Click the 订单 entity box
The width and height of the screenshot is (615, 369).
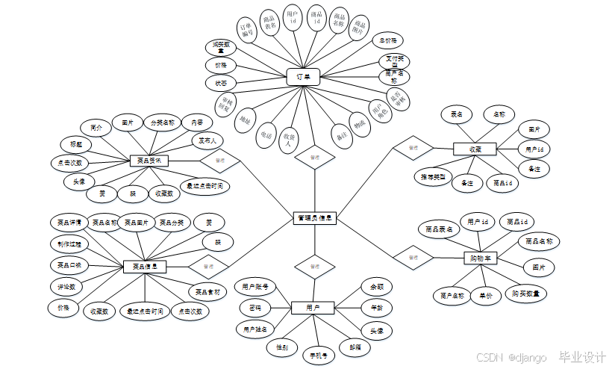(303, 76)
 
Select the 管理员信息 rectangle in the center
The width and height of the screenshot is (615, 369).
(314, 219)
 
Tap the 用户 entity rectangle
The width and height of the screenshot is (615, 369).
(313, 307)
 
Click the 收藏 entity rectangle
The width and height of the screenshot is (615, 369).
(475, 149)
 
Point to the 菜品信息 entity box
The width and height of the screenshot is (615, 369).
(145, 266)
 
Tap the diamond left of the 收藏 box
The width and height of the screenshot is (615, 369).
(413, 148)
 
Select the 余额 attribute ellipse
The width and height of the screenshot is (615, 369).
(376, 286)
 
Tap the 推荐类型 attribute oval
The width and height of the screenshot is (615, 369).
(433, 176)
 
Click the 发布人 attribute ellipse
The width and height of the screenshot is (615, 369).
(207, 140)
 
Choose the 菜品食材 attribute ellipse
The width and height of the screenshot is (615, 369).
(207, 291)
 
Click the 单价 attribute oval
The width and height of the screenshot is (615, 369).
(486, 296)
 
